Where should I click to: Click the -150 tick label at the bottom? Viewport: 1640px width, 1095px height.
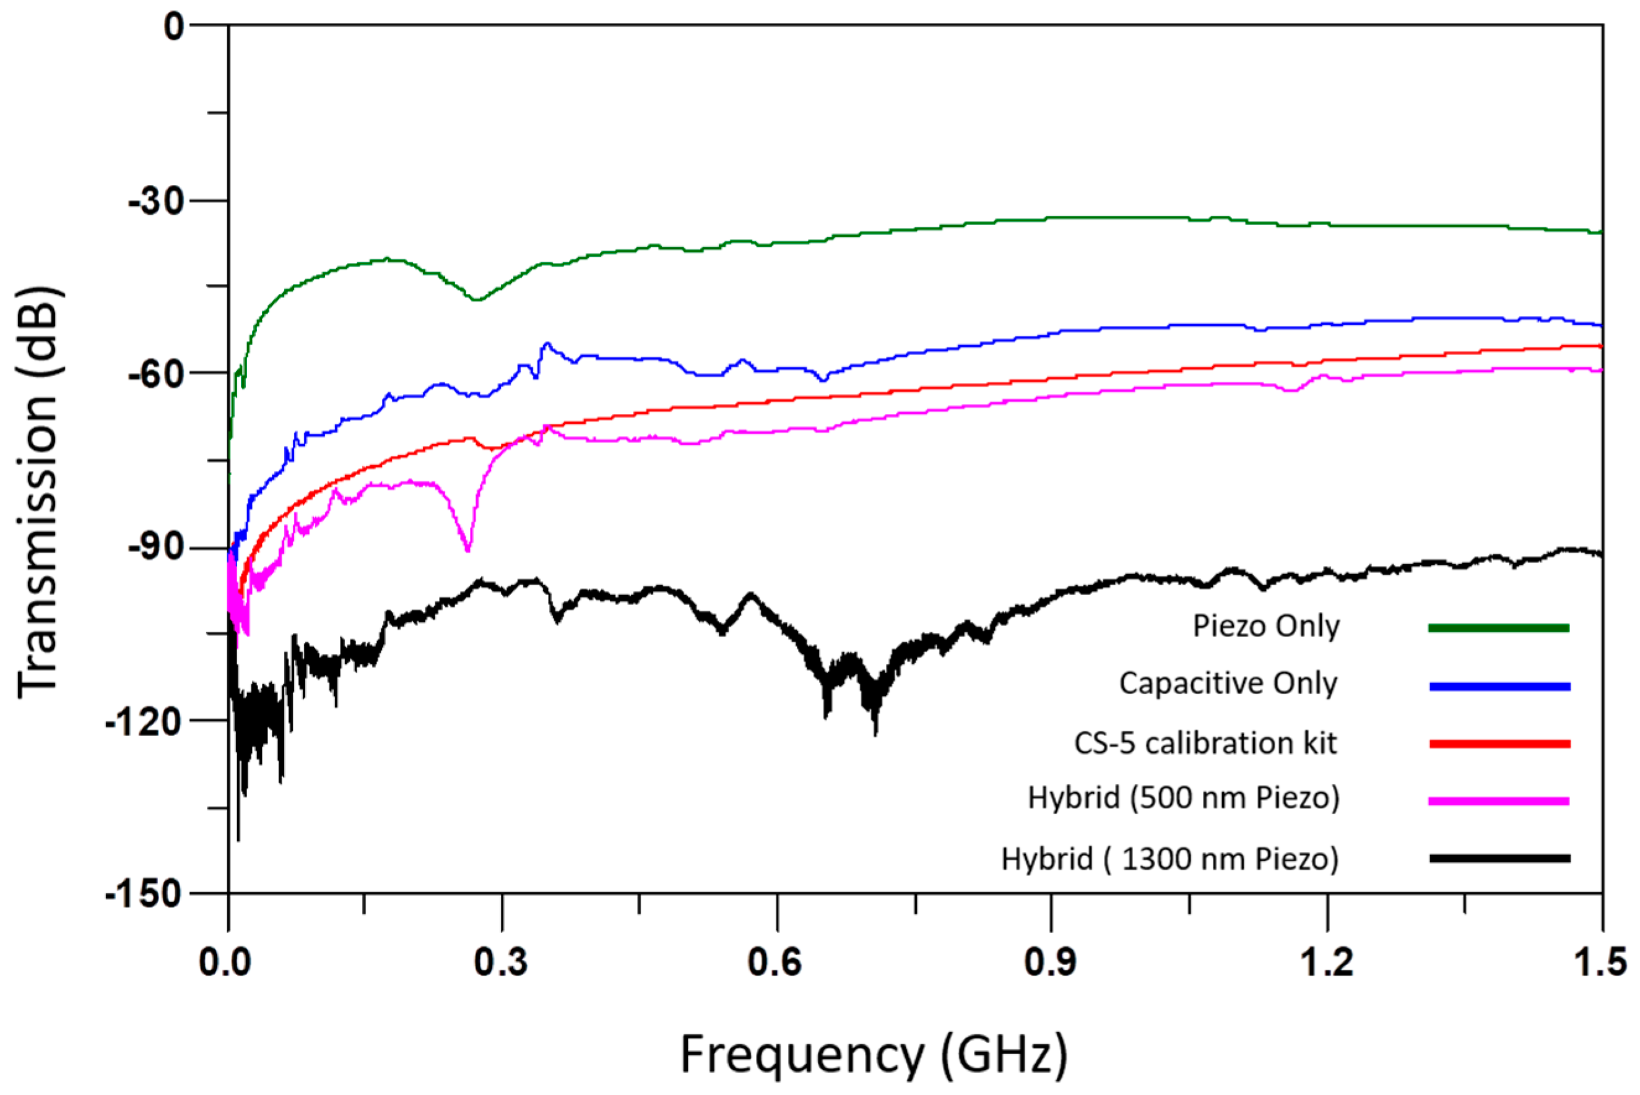(143, 893)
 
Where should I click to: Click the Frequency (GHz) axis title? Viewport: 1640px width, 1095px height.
(874, 1055)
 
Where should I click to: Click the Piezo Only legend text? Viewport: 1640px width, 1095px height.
(1265, 625)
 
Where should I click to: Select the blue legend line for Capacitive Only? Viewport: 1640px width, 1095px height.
(1499, 687)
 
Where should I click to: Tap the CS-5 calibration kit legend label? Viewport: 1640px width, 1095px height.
(1205, 743)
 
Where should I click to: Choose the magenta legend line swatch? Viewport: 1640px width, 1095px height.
(1499, 801)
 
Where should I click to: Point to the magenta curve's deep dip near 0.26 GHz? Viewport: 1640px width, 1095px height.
(467, 549)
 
